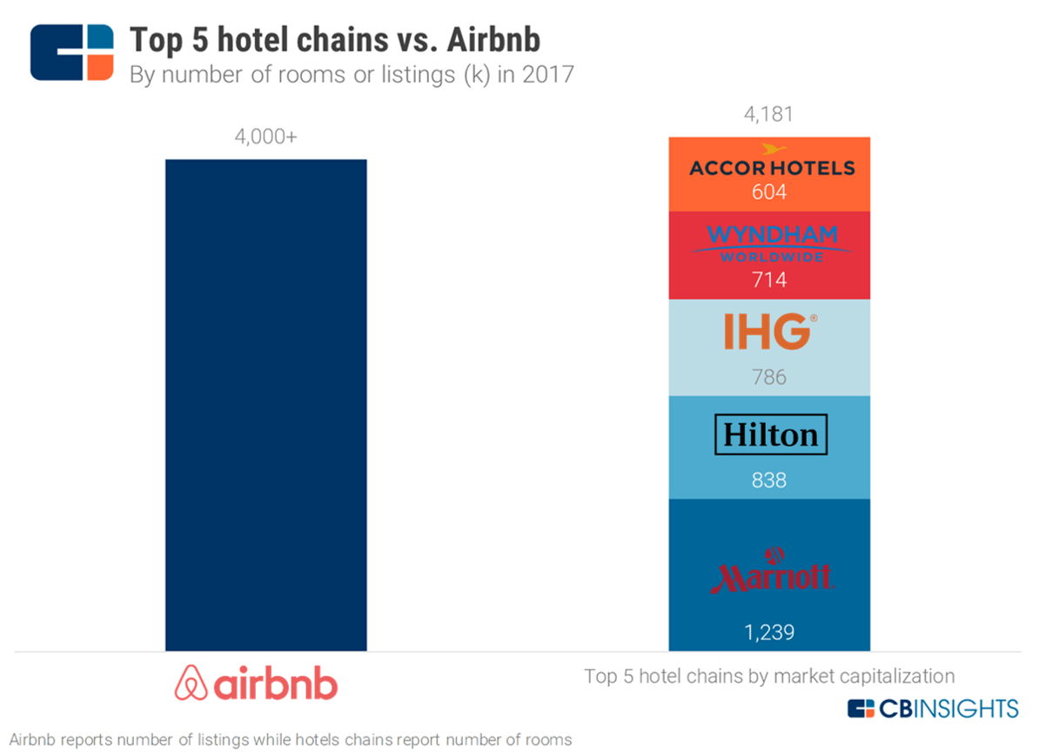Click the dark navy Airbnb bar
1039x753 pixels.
coord(265,405)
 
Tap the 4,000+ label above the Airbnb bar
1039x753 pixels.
coord(265,138)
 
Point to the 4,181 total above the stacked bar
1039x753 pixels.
coord(768,115)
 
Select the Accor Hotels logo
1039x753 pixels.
coord(771,164)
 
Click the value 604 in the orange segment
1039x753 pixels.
coord(769,192)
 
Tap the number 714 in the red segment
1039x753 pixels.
coord(769,280)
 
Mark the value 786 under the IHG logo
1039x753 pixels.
coord(769,377)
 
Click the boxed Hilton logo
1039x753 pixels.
coord(770,435)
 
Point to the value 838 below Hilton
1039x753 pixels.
coord(769,480)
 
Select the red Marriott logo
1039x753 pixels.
coord(770,572)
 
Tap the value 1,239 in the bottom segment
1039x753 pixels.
coord(769,632)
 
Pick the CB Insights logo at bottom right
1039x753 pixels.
coord(933,708)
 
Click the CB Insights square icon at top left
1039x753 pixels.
coord(72,53)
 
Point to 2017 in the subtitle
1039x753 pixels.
coord(548,75)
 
